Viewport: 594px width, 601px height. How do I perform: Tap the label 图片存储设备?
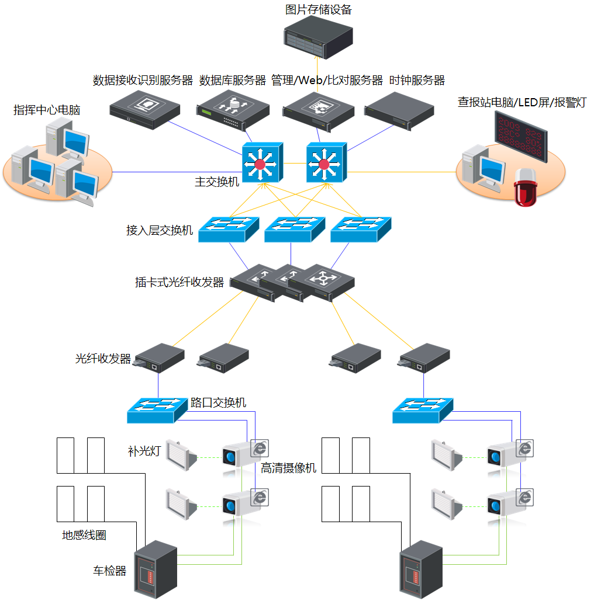pos(319,9)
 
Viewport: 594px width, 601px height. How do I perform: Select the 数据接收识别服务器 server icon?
pos(145,109)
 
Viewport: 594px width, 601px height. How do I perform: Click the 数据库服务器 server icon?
pos(233,109)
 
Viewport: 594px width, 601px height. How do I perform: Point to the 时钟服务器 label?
pos(417,80)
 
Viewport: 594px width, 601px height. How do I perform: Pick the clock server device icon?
pos(399,111)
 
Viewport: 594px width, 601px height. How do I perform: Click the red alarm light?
pos(524,187)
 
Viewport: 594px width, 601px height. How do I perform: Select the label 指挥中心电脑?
pos(47,110)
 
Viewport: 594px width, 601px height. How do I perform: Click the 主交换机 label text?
pos(217,182)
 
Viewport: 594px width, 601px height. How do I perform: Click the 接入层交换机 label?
pos(160,230)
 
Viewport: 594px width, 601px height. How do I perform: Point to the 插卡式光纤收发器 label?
pos(179,283)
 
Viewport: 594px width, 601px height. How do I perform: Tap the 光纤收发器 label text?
pos(103,359)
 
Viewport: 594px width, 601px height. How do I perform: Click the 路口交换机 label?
pos(219,403)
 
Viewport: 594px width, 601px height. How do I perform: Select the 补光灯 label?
pos(143,451)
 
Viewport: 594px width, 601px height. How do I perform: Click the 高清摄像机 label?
pos(289,468)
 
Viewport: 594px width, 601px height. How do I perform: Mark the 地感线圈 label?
pos(84,535)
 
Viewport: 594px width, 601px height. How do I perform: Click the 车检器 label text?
pos(109,571)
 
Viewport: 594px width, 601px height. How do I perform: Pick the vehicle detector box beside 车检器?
pos(156,569)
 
